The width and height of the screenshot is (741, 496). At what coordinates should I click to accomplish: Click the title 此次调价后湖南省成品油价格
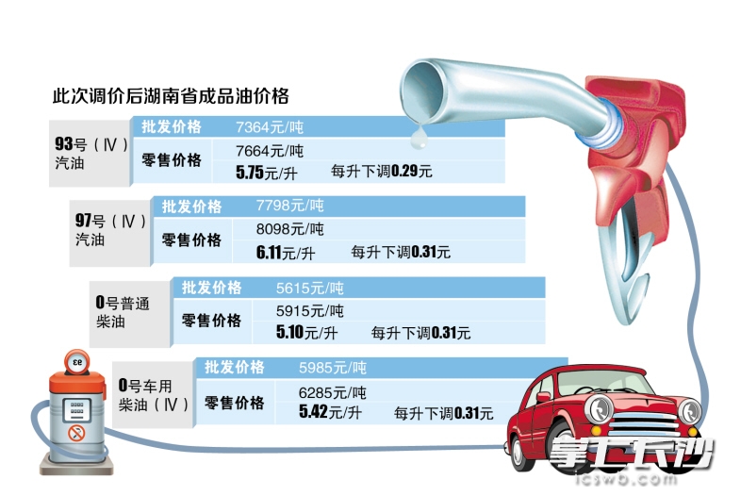point(171,96)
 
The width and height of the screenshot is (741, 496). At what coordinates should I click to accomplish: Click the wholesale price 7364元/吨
point(270,127)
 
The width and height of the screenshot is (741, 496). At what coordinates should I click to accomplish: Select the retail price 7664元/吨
point(270,151)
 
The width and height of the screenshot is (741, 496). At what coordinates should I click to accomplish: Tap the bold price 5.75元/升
point(267,173)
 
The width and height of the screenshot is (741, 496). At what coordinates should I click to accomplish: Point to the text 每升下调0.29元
point(382,172)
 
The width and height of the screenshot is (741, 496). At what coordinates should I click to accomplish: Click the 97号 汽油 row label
point(110,230)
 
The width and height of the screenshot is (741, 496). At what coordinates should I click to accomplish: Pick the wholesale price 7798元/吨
point(289,206)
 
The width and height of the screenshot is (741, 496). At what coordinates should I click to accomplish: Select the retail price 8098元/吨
point(289,229)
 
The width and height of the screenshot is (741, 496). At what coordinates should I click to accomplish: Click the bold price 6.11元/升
point(286,253)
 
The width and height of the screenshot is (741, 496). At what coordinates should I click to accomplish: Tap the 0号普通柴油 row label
point(123,311)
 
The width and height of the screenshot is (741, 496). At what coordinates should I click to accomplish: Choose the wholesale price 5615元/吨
point(310,288)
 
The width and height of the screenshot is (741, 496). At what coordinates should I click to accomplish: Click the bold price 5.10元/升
point(306,333)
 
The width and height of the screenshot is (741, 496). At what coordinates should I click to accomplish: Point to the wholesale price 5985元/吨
point(332,368)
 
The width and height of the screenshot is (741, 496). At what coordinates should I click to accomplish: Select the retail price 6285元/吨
point(332,392)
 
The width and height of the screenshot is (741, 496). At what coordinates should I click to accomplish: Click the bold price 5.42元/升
point(330,412)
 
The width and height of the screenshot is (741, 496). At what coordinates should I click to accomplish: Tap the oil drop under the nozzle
point(419,138)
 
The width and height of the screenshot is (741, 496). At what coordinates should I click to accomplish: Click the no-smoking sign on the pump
point(76,433)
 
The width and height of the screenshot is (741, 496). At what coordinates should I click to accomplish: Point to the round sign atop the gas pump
point(76,362)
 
